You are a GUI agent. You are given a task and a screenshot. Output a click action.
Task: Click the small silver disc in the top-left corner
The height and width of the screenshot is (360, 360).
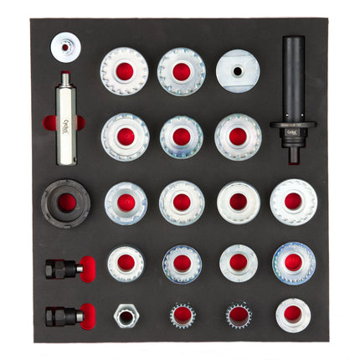pyautogui.click(x=64, y=46)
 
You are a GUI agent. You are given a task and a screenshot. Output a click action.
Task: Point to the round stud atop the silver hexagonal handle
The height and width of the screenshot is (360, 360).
pyautogui.click(x=64, y=78)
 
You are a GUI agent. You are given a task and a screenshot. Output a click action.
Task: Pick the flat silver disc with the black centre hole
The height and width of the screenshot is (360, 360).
pyautogui.click(x=238, y=72)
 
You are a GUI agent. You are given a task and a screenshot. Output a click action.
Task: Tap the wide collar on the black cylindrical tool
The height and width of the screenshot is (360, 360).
pyautogui.click(x=293, y=128)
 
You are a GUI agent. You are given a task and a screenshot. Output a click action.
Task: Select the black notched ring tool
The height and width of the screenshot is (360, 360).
pyautogui.click(x=65, y=202)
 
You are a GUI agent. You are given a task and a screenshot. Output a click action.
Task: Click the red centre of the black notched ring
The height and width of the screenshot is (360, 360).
pyautogui.click(x=66, y=203)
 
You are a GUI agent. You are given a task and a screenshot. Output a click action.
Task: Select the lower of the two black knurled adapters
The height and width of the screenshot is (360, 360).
pyautogui.click(x=65, y=316)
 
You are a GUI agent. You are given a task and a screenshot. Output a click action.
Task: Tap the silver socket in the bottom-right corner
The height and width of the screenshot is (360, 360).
pyautogui.click(x=292, y=314)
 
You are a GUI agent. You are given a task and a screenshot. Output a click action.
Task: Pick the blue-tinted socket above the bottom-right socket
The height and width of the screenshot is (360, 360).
pyautogui.click(x=293, y=263)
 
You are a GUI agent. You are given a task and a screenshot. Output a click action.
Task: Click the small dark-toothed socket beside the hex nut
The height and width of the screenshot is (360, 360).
pyautogui.click(x=182, y=315)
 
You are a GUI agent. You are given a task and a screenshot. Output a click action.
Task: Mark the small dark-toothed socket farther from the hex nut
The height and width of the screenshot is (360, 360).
pyautogui.click(x=238, y=315)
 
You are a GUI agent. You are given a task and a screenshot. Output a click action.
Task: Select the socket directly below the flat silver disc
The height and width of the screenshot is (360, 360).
pyautogui.click(x=238, y=136)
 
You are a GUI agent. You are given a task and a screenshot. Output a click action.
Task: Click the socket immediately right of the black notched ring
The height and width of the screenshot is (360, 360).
pyautogui.click(x=126, y=203)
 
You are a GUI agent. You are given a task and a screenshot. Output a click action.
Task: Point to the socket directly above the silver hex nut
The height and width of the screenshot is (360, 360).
pyautogui.click(x=126, y=263)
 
